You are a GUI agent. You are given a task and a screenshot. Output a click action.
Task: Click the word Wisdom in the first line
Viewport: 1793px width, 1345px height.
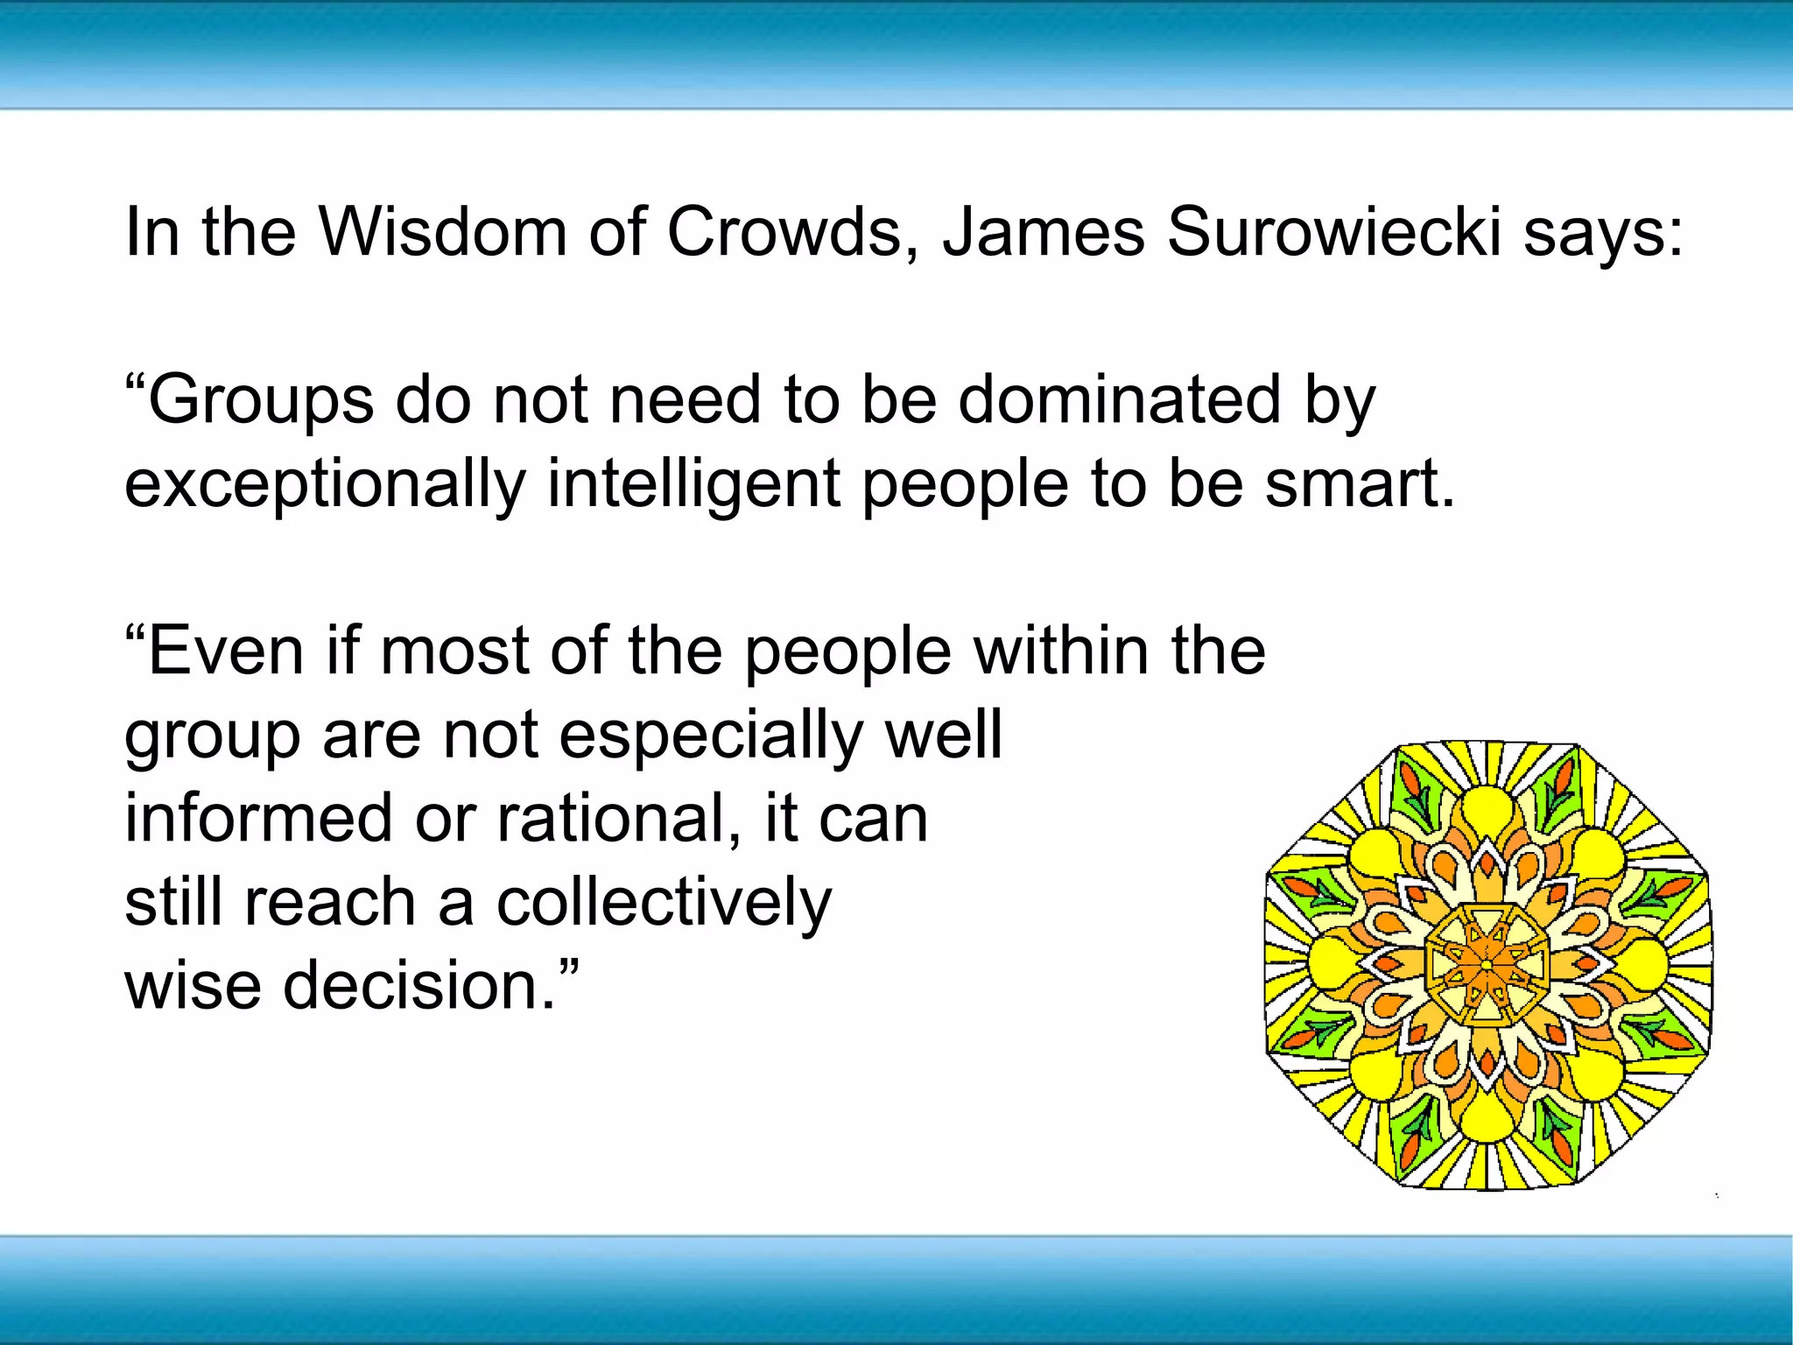tap(442, 232)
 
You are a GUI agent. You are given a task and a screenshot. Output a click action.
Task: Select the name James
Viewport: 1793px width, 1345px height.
tap(1043, 232)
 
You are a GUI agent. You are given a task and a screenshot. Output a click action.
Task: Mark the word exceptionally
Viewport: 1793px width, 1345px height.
tap(325, 484)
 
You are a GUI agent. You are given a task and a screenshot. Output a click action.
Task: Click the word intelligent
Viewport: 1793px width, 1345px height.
tap(693, 484)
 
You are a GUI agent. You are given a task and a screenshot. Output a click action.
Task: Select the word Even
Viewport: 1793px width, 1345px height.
tap(226, 651)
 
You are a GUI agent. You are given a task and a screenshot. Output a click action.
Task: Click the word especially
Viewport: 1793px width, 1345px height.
tap(711, 736)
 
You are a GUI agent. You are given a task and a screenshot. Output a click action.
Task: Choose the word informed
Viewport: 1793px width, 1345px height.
tap(258, 818)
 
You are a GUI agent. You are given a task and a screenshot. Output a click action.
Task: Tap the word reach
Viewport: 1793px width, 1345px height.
tap(329, 902)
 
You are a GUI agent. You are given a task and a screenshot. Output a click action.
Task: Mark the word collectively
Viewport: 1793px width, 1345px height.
tap(664, 902)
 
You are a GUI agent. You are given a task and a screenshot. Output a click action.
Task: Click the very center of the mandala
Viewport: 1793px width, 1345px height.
tap(1487, 964)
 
